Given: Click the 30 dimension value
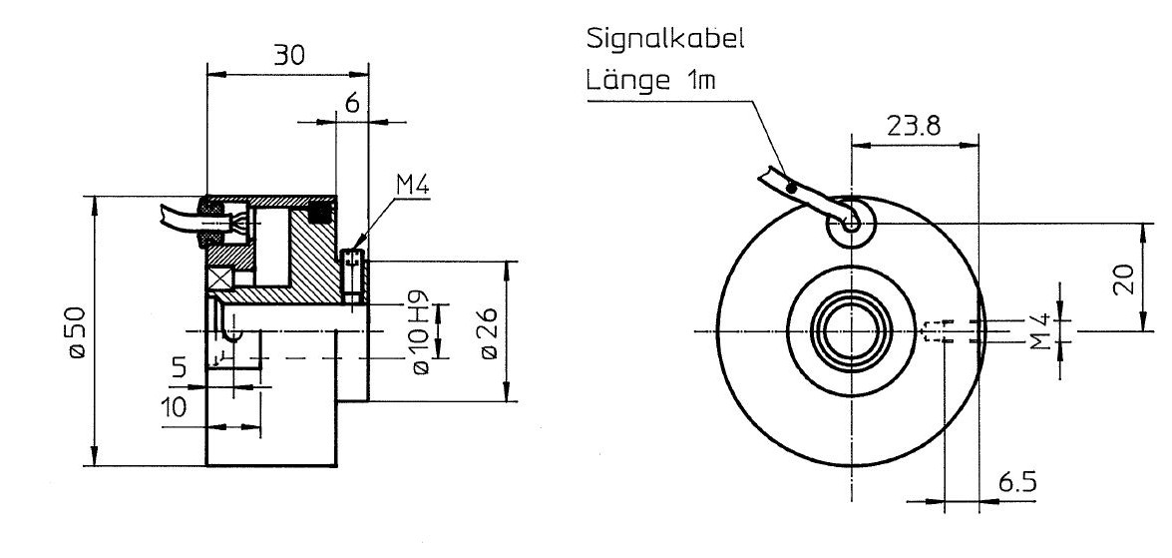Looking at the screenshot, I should (x=290, y=56).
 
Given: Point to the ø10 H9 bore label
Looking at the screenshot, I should (x=419, y=332).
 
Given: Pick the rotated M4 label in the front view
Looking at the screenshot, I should (x=1041, y=330).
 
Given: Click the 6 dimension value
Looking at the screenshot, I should (x=351, y=104).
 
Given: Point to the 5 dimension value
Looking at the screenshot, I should (x=179, y=367).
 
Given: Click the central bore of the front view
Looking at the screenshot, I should (x=851, y=329).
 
